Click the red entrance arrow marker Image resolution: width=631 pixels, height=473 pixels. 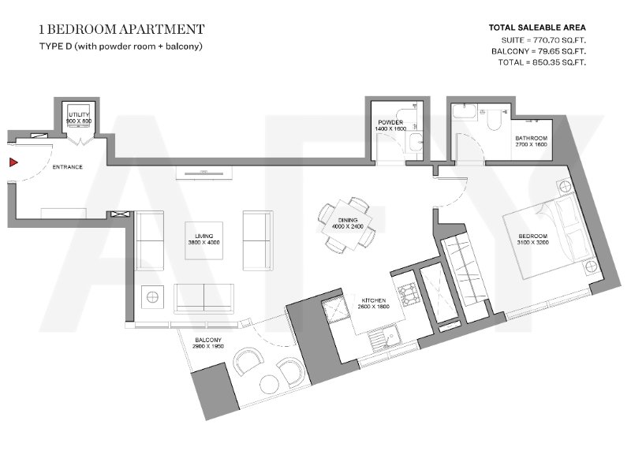click(13, 162)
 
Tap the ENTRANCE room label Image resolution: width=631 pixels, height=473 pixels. click(68, 167)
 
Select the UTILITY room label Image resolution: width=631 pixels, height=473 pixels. click(79, 114)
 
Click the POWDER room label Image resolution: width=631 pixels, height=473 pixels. click(390, 122)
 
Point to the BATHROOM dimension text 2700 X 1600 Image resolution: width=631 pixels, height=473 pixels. click(531, 144)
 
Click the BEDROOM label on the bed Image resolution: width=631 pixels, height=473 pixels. click(533, 236)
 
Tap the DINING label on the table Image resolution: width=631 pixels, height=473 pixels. click(348, 220)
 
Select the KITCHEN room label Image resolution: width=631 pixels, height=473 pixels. click(373, 300)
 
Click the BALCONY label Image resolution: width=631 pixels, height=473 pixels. click(208, 340)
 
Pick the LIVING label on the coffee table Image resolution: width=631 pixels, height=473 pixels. click(204, 236)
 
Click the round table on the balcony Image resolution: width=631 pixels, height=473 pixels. click(270, 384)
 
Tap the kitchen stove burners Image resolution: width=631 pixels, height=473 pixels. click(407, 295)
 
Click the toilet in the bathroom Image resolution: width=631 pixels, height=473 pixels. click(494, 117)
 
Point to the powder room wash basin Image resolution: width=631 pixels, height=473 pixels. click(414, 142)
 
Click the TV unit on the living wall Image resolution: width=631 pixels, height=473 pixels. click(204, 173)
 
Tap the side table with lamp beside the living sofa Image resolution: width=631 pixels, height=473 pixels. click(152, 297)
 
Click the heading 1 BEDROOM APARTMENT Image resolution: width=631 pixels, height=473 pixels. click(122, 29)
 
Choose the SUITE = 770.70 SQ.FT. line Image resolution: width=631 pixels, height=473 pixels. click(543, 40)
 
